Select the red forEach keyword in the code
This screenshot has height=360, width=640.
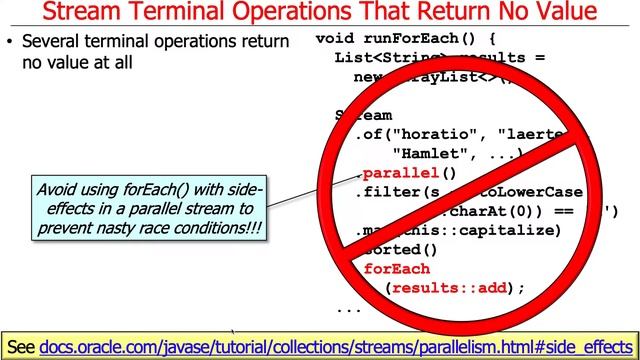pos(397,269)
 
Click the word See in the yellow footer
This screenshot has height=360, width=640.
pos(21,347)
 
